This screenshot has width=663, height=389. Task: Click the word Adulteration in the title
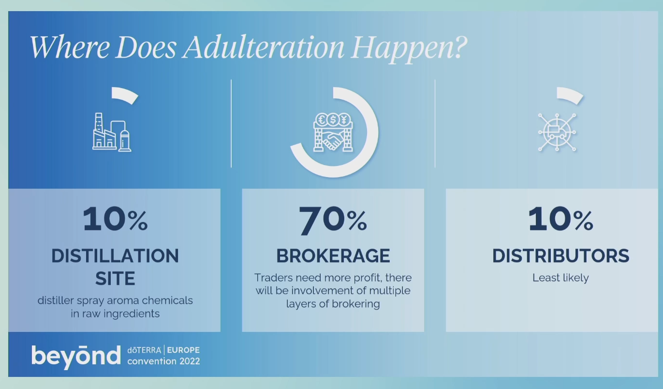click(264, 47)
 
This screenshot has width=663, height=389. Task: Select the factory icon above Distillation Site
click(112, 132)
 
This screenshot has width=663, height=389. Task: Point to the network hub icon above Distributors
click(557, 132)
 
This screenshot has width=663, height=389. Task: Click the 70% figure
click(333, 220)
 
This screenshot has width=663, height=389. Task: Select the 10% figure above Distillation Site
click(115, 219)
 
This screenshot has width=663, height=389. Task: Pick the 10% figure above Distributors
click(560, 219)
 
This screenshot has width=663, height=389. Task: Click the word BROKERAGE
click(333, 256)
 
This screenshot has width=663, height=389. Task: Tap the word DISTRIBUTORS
click(560, 256)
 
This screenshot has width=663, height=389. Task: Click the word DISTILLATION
click(115, 256)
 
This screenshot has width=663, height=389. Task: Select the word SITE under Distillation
click(115, 278)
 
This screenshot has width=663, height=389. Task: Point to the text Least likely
click(560, 278)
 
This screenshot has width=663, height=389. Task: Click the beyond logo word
click(76, 357)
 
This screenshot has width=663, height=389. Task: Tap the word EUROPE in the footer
click(183, 350)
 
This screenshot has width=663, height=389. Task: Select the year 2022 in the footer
click(190, 361)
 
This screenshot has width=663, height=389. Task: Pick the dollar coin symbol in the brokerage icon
click(333, 120)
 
